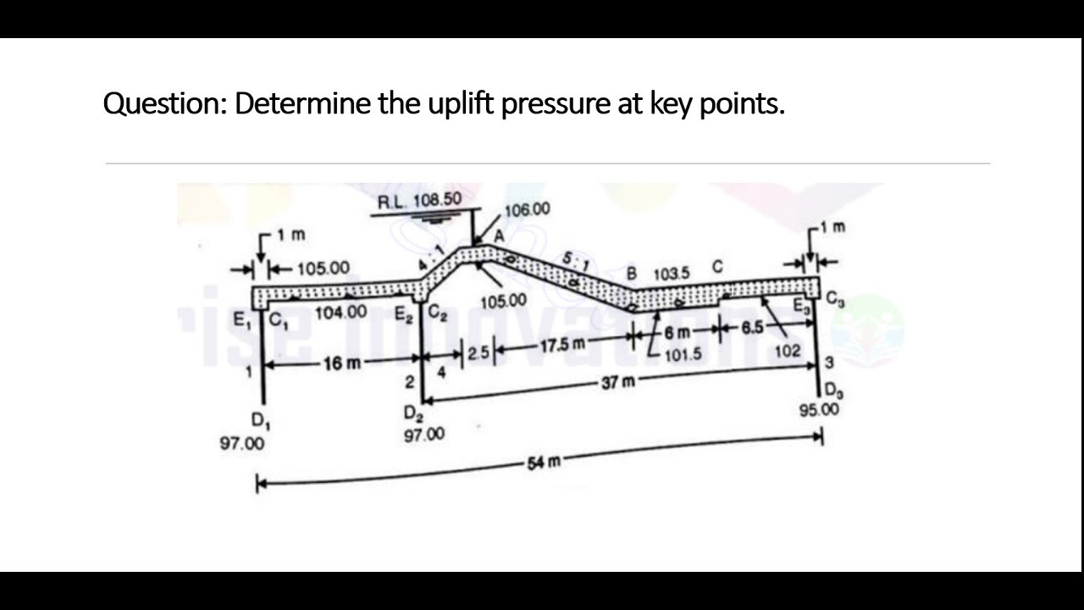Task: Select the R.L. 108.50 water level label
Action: [420, 200]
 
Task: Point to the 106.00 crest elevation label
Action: [526, 210]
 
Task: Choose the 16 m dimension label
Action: [342, 363]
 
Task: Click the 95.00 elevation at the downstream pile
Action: [819, 410]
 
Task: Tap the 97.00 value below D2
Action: [423, 434]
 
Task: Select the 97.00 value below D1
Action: [242, 443]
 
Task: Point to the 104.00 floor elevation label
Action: [340, 313]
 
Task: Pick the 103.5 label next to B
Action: [672, 273]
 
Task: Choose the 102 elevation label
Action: [788, 351]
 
